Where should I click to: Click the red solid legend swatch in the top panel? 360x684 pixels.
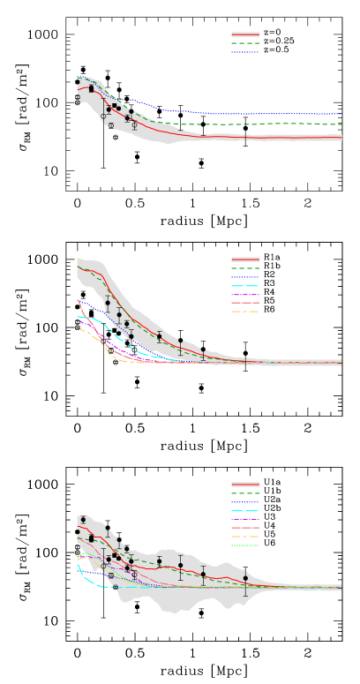244,34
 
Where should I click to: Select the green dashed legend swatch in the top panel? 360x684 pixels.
244,42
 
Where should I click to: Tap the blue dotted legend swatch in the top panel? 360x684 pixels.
244,51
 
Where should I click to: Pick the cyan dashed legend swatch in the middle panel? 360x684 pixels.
244,286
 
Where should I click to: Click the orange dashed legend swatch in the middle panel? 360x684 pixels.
244,312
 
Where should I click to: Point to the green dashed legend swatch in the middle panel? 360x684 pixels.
244,268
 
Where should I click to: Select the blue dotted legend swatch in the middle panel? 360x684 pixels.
244,277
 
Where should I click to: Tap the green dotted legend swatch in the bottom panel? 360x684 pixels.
244,545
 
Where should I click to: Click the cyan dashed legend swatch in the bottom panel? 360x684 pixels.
244,511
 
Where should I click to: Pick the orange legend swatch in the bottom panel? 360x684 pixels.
244,537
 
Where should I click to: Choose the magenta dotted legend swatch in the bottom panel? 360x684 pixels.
244,520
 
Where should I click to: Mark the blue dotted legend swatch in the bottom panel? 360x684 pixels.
244,502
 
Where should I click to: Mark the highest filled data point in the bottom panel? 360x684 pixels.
83,520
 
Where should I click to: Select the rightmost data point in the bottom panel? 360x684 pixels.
245,578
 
